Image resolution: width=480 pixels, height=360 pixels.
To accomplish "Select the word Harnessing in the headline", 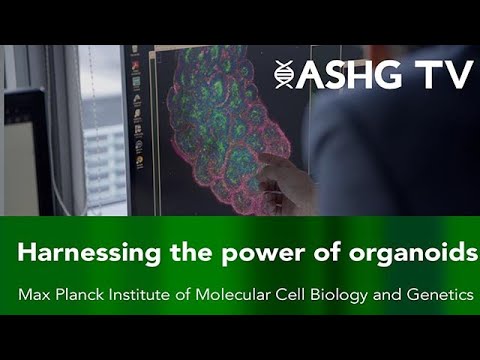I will pos(78,254).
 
